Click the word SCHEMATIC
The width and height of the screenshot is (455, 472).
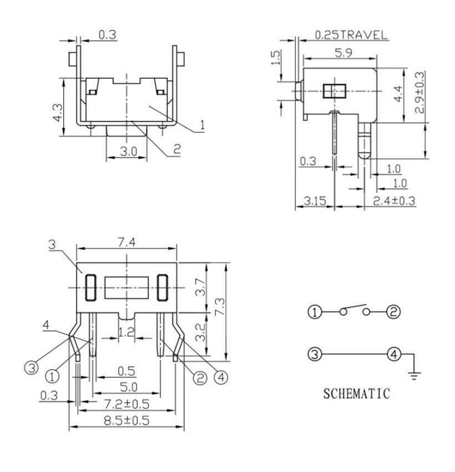(357, 394)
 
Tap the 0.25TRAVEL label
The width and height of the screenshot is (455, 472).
(351, 35)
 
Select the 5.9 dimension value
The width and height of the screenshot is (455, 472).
(343, 53)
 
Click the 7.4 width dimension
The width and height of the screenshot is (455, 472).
(127, 242)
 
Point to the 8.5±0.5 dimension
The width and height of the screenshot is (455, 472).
(127, 420)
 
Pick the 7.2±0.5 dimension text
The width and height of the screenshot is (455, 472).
(127, 404)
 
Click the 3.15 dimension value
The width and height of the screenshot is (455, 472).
(315, 201)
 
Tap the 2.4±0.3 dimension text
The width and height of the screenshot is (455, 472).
(394, 201)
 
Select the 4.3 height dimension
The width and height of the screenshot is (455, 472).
(58, 113)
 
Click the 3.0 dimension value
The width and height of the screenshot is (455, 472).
(129, 151)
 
